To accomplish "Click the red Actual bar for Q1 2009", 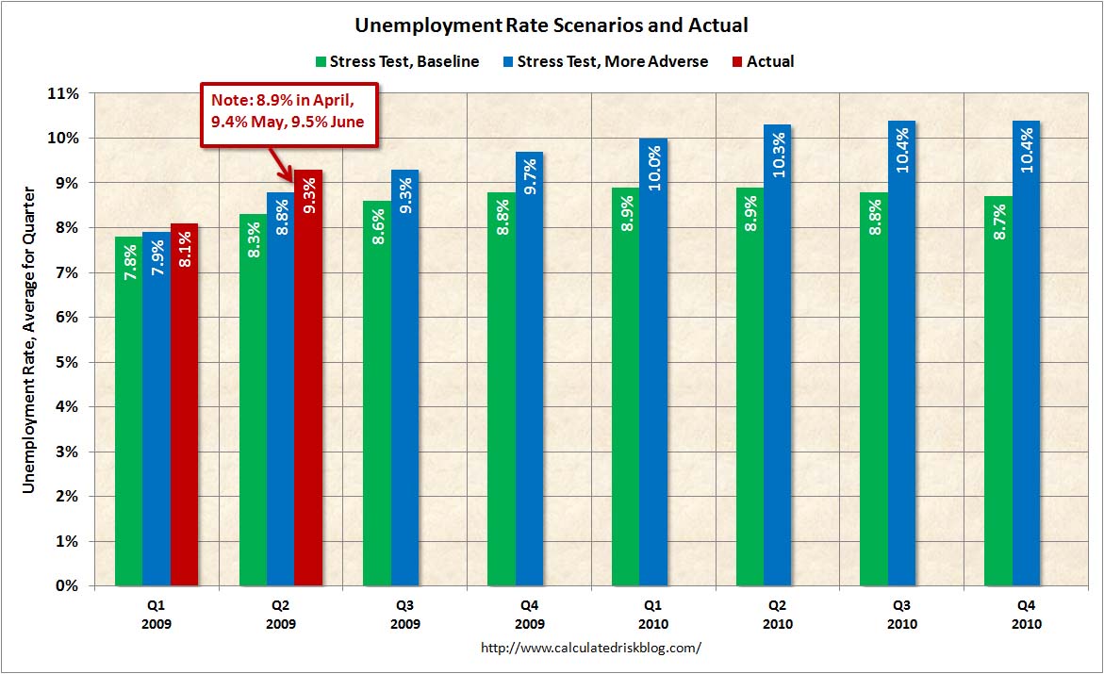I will click(x=185, y=405).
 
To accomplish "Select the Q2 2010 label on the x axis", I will click(x=778, y=616).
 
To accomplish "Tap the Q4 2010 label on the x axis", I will click(x=1027, y=616).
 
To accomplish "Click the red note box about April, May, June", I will click(x=288, y=113).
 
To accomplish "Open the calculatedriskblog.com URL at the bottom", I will click(x=591, y=649).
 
